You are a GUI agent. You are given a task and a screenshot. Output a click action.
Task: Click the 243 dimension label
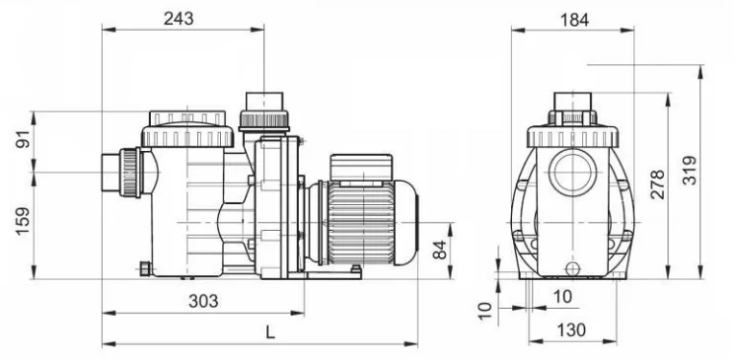(179, 19)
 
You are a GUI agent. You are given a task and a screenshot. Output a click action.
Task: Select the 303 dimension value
(203, 301)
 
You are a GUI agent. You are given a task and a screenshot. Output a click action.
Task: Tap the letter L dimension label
(269, 332)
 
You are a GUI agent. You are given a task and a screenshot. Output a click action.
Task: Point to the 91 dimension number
(23, 139)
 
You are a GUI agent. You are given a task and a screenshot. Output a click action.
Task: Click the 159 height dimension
(23, 221)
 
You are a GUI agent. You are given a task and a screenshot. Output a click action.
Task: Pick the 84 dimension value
(439, 250)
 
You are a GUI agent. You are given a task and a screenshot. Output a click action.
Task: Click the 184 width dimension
(574, 20)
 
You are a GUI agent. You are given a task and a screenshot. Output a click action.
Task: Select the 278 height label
(657, 184)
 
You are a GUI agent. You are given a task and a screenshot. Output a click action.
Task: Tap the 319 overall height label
(690, 170)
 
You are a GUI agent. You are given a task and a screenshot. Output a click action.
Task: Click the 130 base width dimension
(571, 330)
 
